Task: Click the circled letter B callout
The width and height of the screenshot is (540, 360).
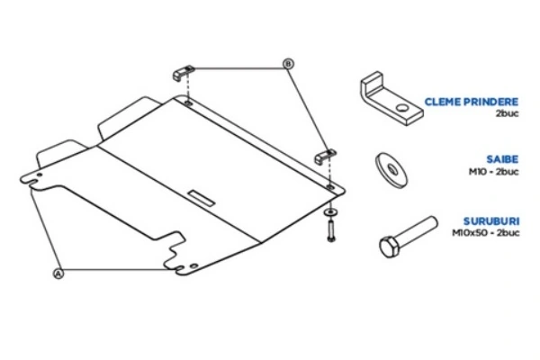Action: click(288, 63)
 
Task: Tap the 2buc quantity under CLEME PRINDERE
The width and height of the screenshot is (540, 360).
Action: click(507, 115)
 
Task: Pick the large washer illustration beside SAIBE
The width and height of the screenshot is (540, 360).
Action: click(389, 166)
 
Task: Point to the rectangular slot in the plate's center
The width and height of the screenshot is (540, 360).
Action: click(202, 194)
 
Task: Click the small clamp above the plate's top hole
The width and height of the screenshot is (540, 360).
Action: click(185, 74)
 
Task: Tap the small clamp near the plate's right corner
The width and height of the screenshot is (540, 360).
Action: click(324, 157)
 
